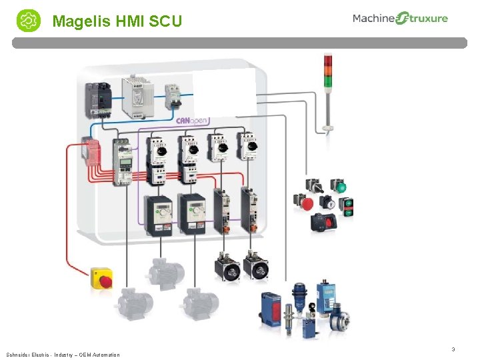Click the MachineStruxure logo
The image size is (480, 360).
400,19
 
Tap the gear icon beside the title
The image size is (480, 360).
28,21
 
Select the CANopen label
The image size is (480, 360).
193,121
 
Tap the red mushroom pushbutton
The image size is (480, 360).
303,202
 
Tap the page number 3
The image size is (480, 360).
453,349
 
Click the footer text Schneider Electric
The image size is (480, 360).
26,355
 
